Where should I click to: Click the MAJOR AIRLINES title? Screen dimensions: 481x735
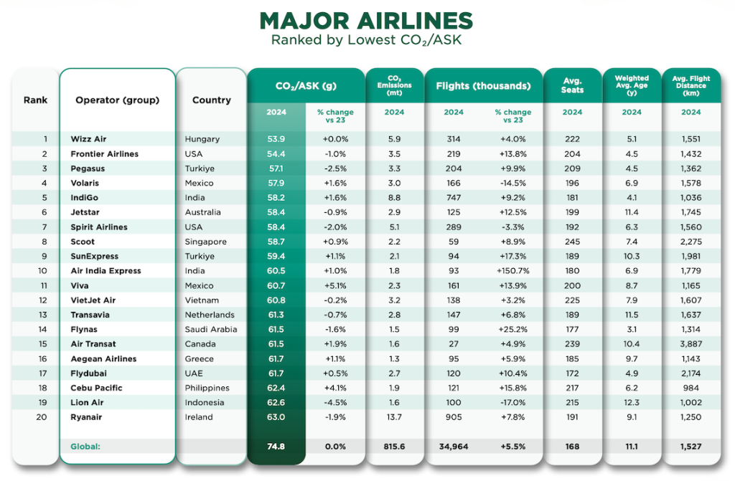(366, 20)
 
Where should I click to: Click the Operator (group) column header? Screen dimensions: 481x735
(117, 100)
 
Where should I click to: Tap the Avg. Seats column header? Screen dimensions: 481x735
(572, 85)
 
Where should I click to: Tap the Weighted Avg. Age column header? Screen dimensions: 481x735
(632, 85)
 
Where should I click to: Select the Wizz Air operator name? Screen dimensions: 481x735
(88, 139)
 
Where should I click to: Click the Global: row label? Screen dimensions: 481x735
(85, 446)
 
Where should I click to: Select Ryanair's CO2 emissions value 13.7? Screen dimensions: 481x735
(394, 417)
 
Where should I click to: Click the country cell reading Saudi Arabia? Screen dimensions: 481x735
(210, 329)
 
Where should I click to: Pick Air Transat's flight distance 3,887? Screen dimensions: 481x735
(690, 344)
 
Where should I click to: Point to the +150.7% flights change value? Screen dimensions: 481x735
(512, 271)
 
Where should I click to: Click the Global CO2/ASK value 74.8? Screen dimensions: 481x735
(276, 446)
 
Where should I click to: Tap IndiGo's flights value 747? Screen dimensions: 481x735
(454, 198)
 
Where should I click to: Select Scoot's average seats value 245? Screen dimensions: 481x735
(572, 242)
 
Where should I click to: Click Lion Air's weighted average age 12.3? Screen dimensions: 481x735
(632, 402)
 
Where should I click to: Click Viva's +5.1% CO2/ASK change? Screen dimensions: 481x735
(335, 285)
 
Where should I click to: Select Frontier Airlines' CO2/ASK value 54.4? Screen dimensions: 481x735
(276, 154)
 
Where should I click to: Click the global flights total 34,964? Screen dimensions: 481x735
(454, 446)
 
